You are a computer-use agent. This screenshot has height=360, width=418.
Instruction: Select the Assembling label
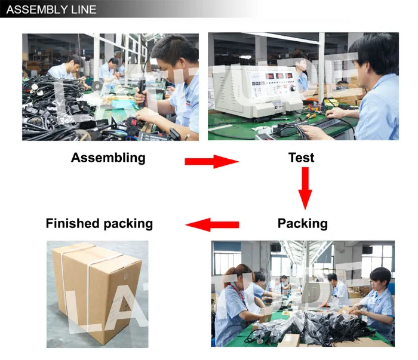pyautogui.click(x=108, y=158)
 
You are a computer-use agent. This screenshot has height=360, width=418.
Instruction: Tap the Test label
pyautogui.click(x=301, y=158)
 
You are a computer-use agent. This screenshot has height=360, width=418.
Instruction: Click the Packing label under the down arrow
pyautogui.click(x=303, y=224)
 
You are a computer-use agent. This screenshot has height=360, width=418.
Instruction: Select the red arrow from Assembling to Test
pyautogui.click(x=211, y=161)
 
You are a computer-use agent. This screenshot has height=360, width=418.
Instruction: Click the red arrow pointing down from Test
pyautogui.click(x=306, y=188)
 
